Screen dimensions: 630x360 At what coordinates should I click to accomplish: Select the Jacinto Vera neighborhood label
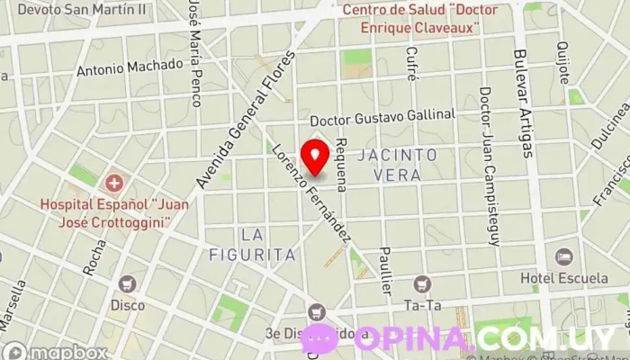click(397, 165)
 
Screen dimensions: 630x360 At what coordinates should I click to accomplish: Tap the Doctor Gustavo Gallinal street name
click(382, 120)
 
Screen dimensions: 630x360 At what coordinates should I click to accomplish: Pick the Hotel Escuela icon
click(564, 257)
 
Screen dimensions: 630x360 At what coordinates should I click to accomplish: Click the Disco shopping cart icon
click(127, 283)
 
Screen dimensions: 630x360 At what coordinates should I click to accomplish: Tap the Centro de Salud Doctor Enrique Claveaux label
click(414, 19)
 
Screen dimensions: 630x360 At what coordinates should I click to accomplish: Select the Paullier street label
click(386, 269)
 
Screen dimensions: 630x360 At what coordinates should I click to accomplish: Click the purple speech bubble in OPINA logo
click(320, 338)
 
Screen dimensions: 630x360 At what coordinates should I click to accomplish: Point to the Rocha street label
click(94, 257)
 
